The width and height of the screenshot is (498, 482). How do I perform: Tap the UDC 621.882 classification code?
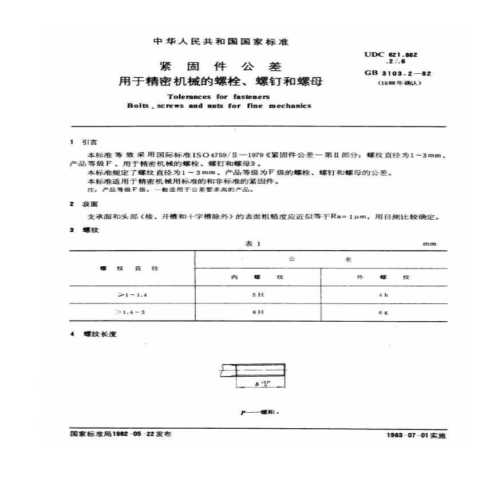pos(392,54)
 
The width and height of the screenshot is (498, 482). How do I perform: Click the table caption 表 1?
pos(252,244)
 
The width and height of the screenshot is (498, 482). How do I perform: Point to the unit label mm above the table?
pos(429,244)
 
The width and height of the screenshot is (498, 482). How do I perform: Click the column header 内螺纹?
pos(257,277)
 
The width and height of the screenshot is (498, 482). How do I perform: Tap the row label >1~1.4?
pos(132,295)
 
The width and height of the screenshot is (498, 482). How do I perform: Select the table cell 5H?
pos(258,295)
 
